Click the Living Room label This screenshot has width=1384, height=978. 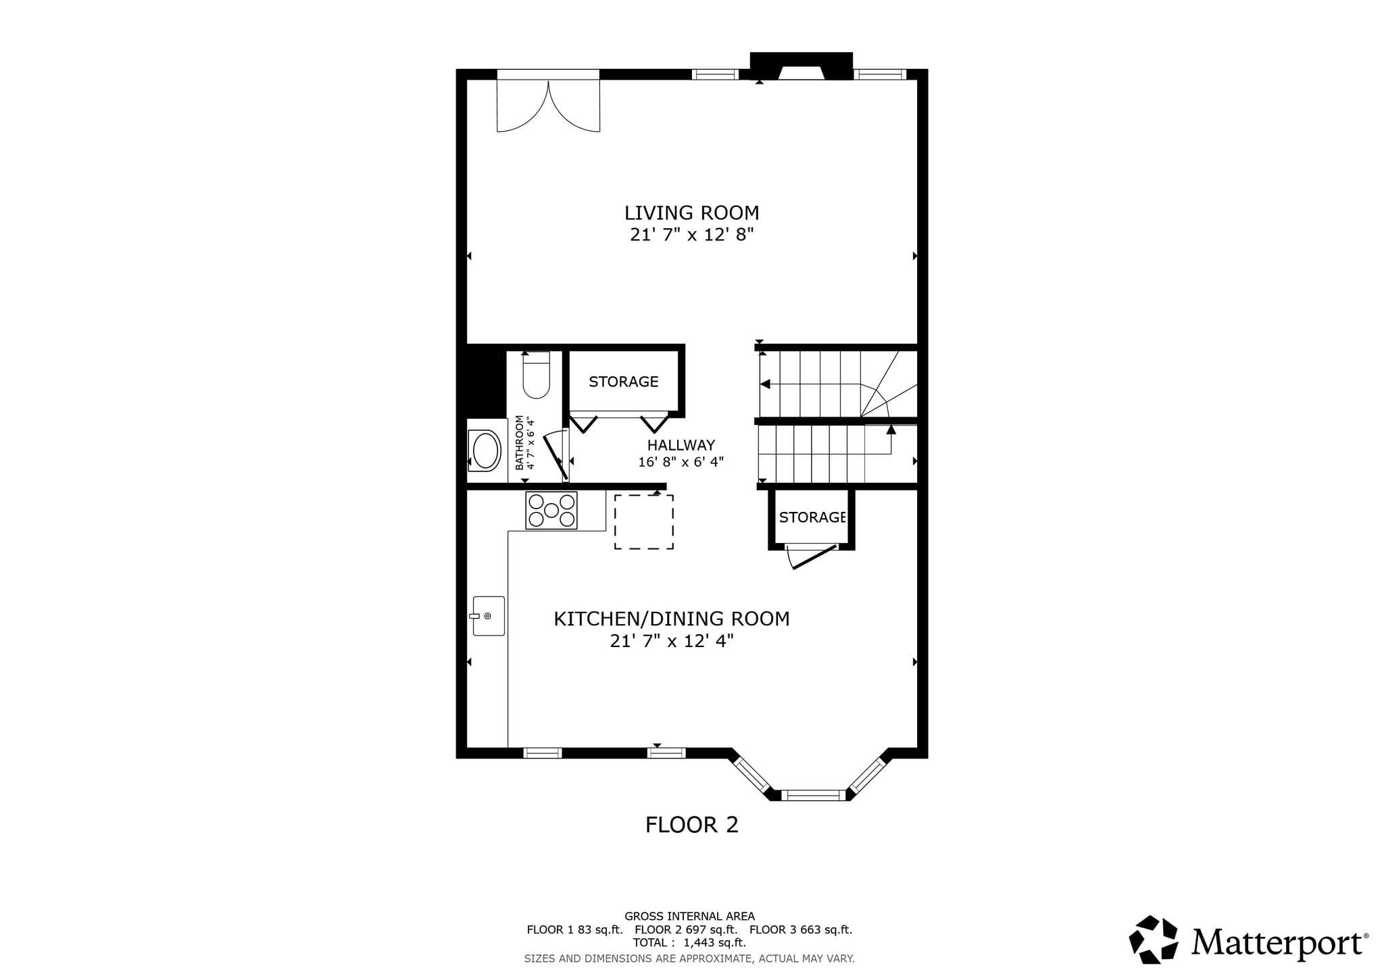691,213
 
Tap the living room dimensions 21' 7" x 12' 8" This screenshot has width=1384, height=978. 691,235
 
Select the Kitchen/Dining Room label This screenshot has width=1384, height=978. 672,619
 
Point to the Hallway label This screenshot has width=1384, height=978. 681,445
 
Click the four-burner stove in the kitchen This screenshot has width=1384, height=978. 551,511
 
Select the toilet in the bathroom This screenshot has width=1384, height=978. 537,376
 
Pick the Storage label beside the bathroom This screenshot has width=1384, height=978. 623,382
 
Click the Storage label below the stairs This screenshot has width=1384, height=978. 812,517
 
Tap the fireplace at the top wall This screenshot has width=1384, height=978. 801,66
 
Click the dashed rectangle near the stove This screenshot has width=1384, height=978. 643,521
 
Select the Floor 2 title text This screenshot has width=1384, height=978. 692,825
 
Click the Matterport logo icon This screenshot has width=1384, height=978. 1154,940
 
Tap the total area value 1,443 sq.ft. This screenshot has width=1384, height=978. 715,942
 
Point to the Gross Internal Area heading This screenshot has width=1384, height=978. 689,917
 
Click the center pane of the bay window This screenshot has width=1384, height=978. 814,795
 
